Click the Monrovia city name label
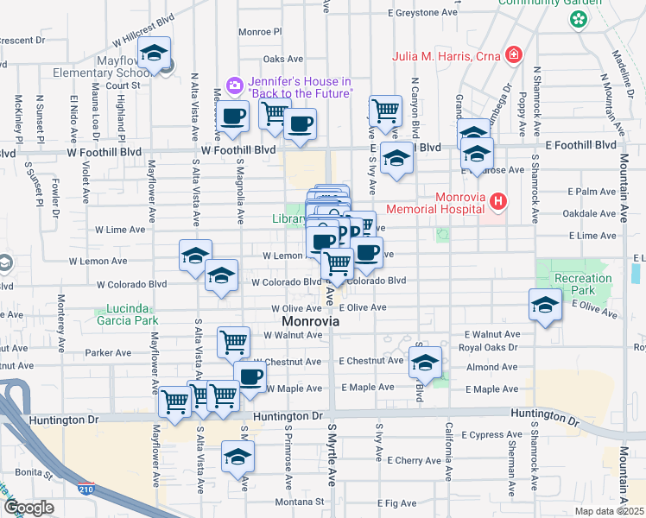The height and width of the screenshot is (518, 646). coord(310,321)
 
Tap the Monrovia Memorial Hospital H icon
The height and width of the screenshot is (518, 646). coord(497,202)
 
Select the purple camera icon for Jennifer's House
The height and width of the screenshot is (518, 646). coord(233,85)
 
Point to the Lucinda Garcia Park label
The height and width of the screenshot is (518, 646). coord(133,314)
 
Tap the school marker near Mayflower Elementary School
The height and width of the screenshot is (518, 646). coord(154,54)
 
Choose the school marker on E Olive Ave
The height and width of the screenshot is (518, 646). coord(544,305)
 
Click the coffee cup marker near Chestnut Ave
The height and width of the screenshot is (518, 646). coord(250,376)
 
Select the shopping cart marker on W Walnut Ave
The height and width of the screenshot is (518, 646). coord(233,343)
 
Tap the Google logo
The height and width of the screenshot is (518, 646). coord(28,508)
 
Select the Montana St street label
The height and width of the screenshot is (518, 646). coord(300,502)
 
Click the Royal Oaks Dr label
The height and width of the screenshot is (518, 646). coord(489,347)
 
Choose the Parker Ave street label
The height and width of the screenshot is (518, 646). coord(107,352)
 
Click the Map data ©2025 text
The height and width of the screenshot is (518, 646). coord(609,511)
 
